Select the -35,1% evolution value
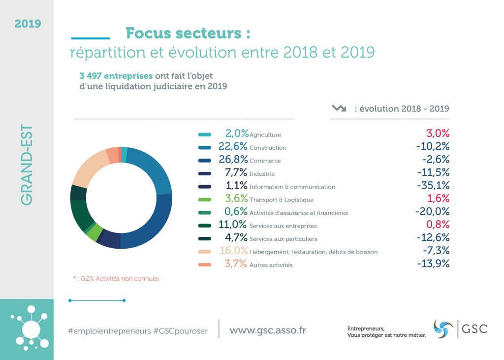(x=432, y=187)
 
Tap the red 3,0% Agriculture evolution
(x=438, y=134)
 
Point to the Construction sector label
(x=268, y=148)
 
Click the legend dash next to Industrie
(x=205, y=174)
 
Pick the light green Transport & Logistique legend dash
(x=205, y=200)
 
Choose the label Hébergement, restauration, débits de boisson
(x=314, y=252)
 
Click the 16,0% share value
(x=234, y=251)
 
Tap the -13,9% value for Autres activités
(x=433, y=264)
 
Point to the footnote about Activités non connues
(x=116, y=279)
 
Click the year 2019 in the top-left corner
(x=28, y=23)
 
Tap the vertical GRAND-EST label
(x=27, y=165)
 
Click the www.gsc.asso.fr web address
(x=267, y=330)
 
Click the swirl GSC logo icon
(x=443, y=329)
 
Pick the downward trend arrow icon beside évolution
(x=339, y=108)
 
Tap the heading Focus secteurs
(x=188, y=33)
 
